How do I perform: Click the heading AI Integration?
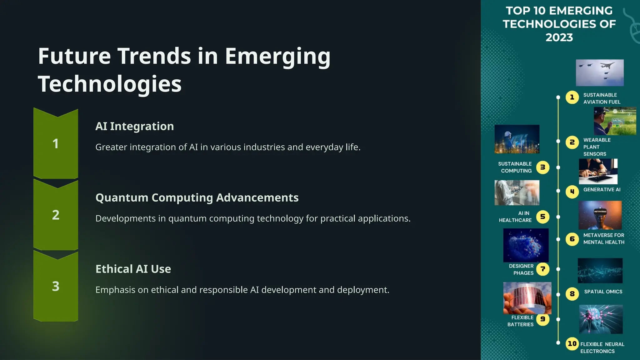point(134,126)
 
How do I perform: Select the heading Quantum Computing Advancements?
point(197,197)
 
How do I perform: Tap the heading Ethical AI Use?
point(133,269)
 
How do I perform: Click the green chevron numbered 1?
point(56,144)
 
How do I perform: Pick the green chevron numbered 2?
point(56,215)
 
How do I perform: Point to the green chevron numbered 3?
point(56,286)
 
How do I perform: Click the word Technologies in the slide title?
point(110,84)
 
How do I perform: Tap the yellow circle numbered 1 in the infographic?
point(572,97)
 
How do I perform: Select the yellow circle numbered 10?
point(572,344)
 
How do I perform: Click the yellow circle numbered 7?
point(543,269)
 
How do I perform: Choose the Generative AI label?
point(602,190)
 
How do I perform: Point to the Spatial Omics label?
point(603,292)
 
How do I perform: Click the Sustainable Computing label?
point(515,167)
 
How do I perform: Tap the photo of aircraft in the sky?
point(600,72)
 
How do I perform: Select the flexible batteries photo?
point(527,298)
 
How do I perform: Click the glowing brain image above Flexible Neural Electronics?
point(601,319)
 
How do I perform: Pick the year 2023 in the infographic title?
point(559,37)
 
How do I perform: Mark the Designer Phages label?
point(522,269)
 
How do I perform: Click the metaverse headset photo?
point(600,215)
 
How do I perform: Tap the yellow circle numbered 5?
point(543,217)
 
